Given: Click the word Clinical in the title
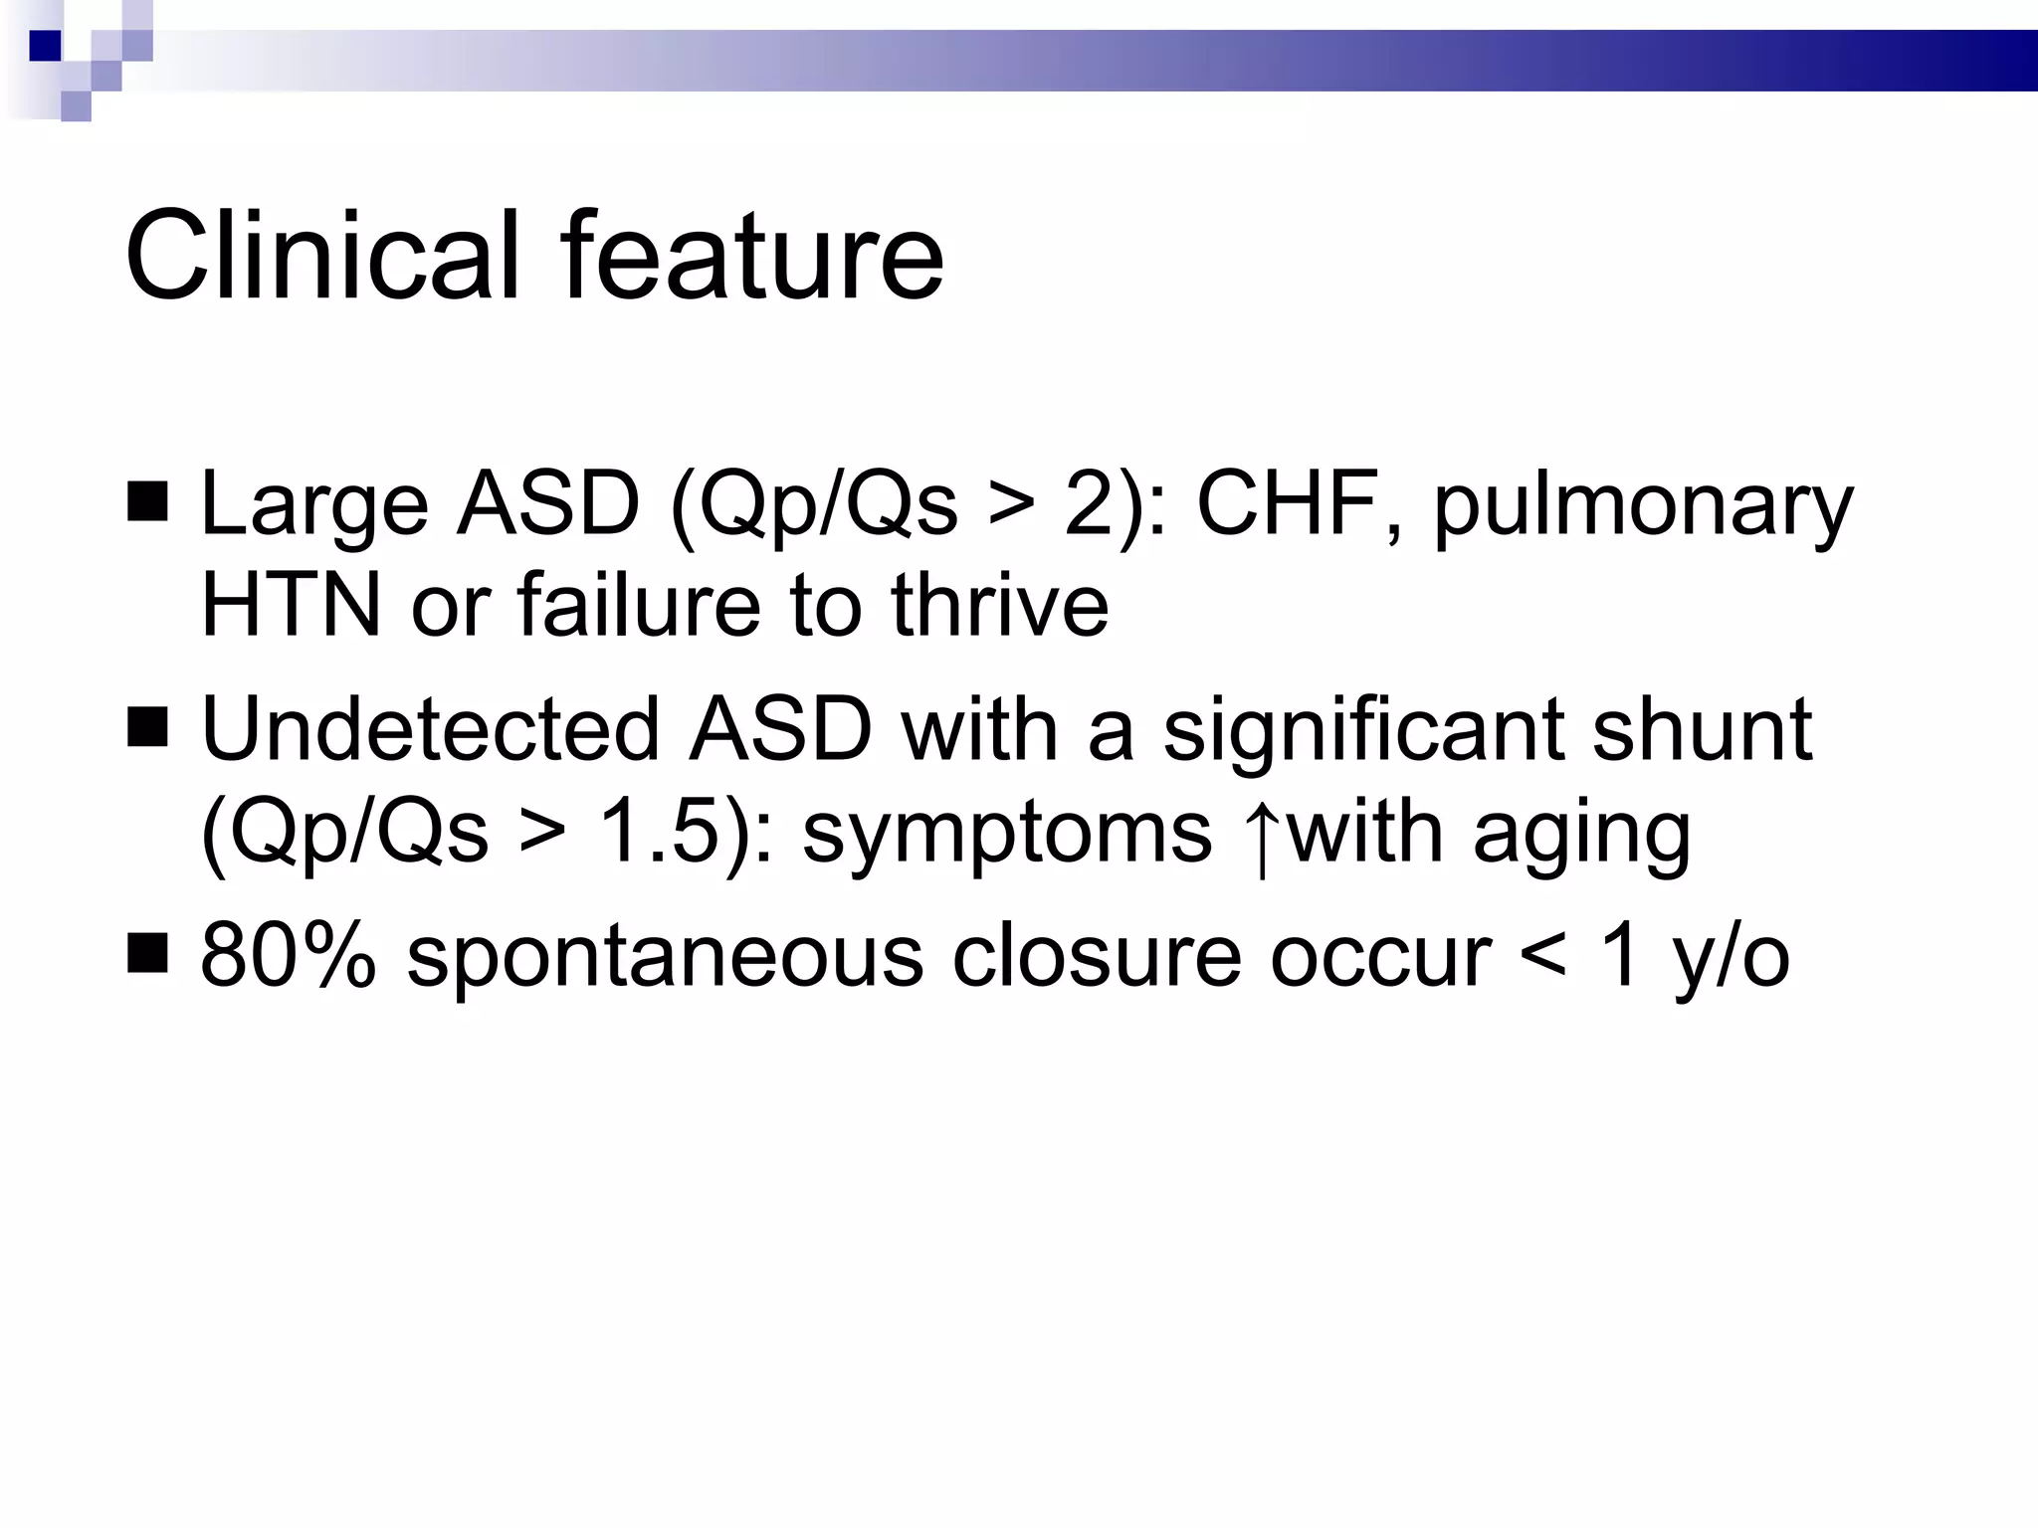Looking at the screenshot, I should (321, 256).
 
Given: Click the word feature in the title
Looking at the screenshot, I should (751, 256).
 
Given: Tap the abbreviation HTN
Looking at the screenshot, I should (291, 606).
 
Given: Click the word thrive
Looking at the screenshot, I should (999, 606).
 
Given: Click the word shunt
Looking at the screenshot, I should (1702, 730).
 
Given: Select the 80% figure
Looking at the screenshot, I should (289, 956).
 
